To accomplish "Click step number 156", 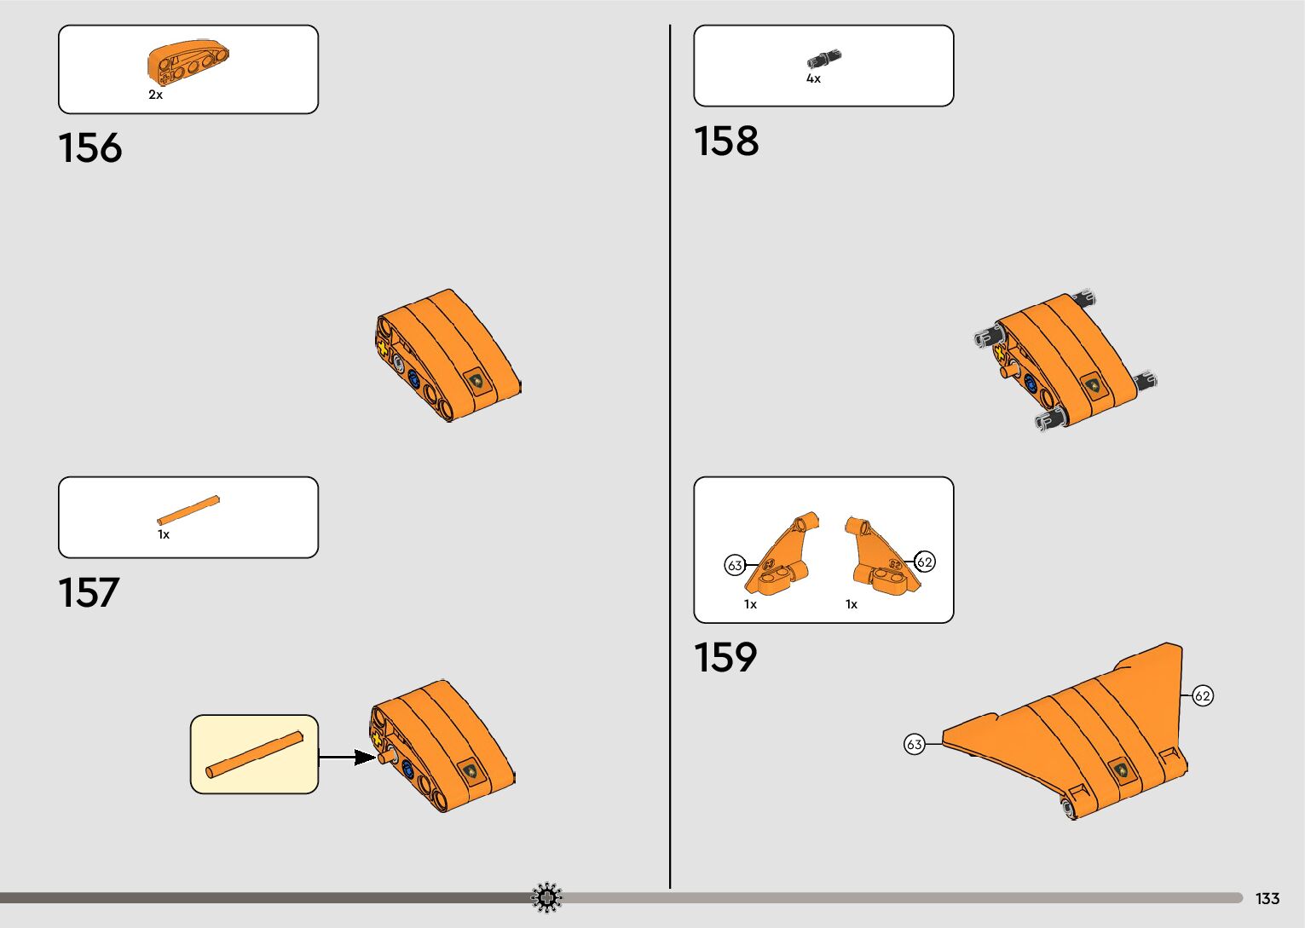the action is (x=90, y=148).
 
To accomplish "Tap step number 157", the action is (x=89, y=593).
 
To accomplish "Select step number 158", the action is (x=725, y=141).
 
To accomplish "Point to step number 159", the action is (x=725, y=658).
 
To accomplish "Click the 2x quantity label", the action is (x=155, y=95).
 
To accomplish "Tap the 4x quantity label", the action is (x=813, y=79).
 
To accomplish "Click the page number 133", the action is (x=1267, y=899).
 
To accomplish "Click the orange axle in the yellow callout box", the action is (x=254, y=754).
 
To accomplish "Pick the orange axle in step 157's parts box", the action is (x=188, y=510).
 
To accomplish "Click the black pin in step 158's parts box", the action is (x=823, y=59).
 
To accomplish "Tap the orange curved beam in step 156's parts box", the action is (x=188, y=62).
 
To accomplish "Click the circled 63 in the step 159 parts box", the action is (x=735, y=565).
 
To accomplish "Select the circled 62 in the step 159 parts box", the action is (x=925, y=562).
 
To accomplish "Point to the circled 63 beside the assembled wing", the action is (x=915, y=745).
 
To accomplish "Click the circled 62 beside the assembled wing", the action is (x=1203, y=696).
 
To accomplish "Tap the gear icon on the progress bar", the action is (x=547, y=897).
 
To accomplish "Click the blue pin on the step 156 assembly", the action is (x=414, y=380).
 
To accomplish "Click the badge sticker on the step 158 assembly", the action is (x=1092, y=386).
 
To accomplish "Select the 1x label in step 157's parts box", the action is (x=164, y=535).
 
